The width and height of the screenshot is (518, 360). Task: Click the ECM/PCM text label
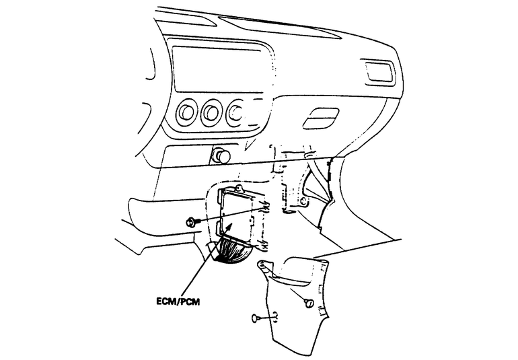(x=178, y=301)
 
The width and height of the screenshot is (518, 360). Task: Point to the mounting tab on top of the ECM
(x=239, y=189)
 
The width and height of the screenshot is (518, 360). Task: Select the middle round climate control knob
(x=211, y=113)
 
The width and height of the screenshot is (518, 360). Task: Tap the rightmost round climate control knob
(x=235, y=112)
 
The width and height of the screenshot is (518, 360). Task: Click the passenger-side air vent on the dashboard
(x=379, y=72)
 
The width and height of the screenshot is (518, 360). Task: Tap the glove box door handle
(x=321, y=118)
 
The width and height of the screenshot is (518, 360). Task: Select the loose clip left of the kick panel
(x=261, y=318)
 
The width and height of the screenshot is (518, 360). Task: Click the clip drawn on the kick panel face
(x=309, y=303)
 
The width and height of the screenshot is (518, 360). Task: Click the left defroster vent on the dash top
(x=186, y=17)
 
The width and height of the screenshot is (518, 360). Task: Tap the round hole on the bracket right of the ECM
(x=304, y=201)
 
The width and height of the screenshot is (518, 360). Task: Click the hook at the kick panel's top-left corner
(x=265, y=265)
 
